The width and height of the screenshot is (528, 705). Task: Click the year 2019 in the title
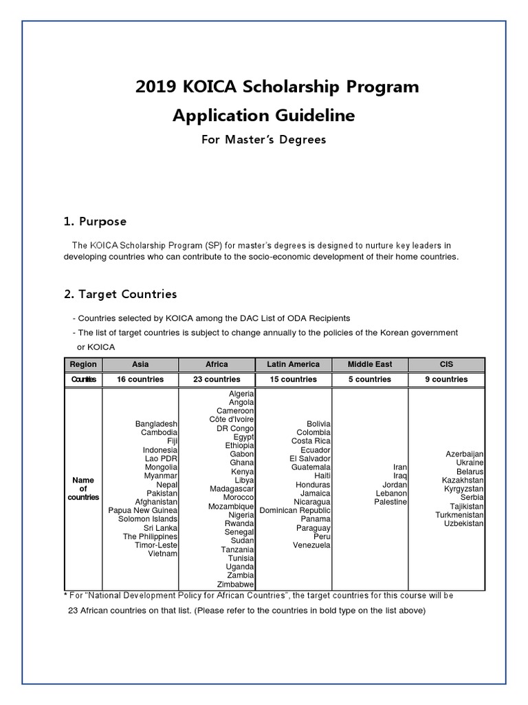pos(156,87)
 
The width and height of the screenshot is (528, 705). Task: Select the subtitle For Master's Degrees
pos(263,140)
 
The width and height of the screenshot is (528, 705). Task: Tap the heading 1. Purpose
pos(95,222)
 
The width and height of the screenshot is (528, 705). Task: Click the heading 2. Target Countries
pos(120,294)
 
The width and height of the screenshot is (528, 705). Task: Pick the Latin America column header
pos(293,364)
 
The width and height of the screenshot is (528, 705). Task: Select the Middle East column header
pos(370,364)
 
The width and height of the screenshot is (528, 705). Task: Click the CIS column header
pos(447,364)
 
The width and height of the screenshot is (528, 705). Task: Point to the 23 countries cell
pos(217,379)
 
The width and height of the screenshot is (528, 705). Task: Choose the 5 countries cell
pos(370,379)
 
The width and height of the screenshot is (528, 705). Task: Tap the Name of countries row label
pos(83,488)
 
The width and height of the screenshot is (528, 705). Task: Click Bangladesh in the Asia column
pos(156,423)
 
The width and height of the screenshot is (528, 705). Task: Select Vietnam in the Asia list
pos(163,554)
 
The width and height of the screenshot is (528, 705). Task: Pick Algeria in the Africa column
pos(241,393)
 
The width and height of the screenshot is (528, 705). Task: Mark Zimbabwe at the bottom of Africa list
pos(236,584)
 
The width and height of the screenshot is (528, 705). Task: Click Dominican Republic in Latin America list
pos(295,510)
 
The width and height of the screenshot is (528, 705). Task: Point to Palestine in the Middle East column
pos(390,502)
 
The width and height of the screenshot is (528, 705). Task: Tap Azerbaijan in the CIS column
pos(465,454)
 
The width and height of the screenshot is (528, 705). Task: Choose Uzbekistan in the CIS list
pos(464,523)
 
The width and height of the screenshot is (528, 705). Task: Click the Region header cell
pos(83,364)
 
